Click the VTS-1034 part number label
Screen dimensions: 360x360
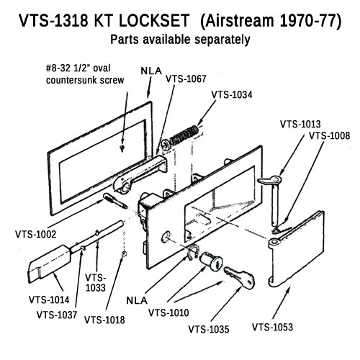pos(236,94)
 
